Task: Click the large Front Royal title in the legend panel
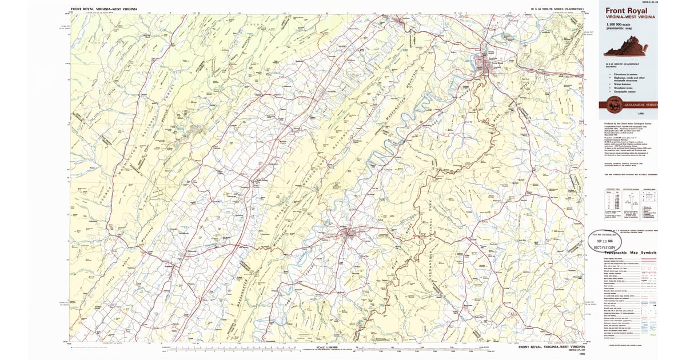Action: [625, 10]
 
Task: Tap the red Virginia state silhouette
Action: [625, 50]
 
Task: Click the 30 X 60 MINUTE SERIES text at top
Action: [557, 9]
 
